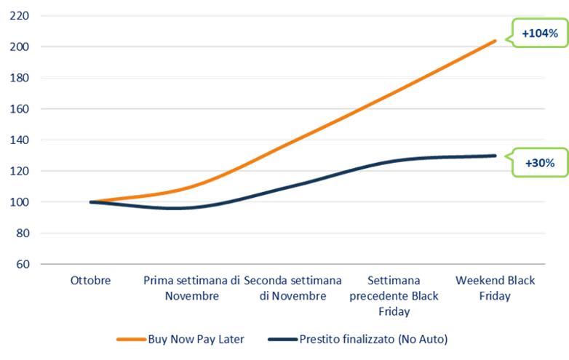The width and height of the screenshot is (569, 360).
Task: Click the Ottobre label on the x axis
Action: pyautogui.click(x=91, y=280)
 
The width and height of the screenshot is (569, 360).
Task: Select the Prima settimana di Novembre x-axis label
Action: pyautogui.click(x=191, y=288)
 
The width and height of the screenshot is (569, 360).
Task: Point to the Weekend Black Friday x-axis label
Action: pyautogui.click(x=494, y=288)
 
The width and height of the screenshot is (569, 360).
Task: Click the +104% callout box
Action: pyautogui.click(x=539, y=33)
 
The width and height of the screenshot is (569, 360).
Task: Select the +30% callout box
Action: pyautogui.click(x=539, y=164)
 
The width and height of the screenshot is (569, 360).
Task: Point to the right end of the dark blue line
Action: pyautogui.click(x=496, y=155)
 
